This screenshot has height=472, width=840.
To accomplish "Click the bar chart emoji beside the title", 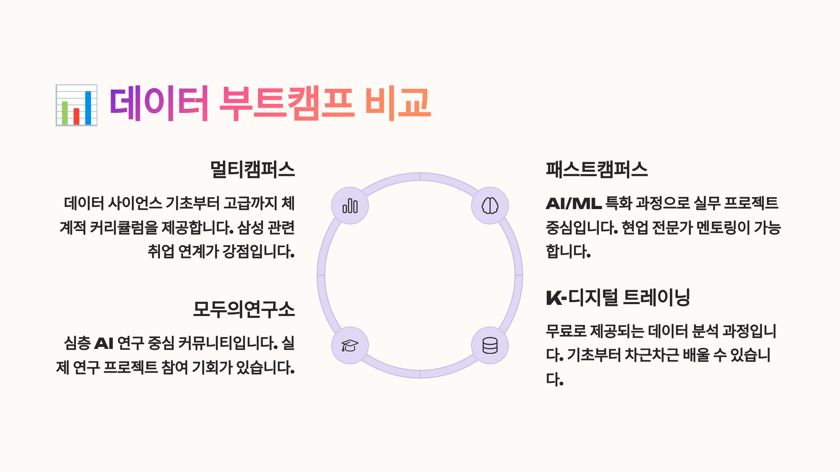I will (76, 105).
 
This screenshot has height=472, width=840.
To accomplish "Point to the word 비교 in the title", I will (398, 103).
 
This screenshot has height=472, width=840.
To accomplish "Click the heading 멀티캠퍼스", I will (252, 170).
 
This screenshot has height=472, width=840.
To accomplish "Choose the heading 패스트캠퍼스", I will (597, 170).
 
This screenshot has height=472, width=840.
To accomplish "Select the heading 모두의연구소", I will (244, 310).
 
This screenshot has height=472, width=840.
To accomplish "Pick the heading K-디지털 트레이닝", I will (618, 298).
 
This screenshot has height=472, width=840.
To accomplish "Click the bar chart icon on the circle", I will (350, 206).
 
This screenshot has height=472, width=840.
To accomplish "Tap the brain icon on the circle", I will (490, 206).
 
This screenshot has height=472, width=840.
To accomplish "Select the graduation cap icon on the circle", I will (350, 345).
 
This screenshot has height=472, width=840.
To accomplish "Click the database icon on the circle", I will (490, 345).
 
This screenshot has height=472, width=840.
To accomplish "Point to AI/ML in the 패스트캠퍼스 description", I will (574, 203).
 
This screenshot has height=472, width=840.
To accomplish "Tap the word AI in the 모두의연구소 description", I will (104, 343).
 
